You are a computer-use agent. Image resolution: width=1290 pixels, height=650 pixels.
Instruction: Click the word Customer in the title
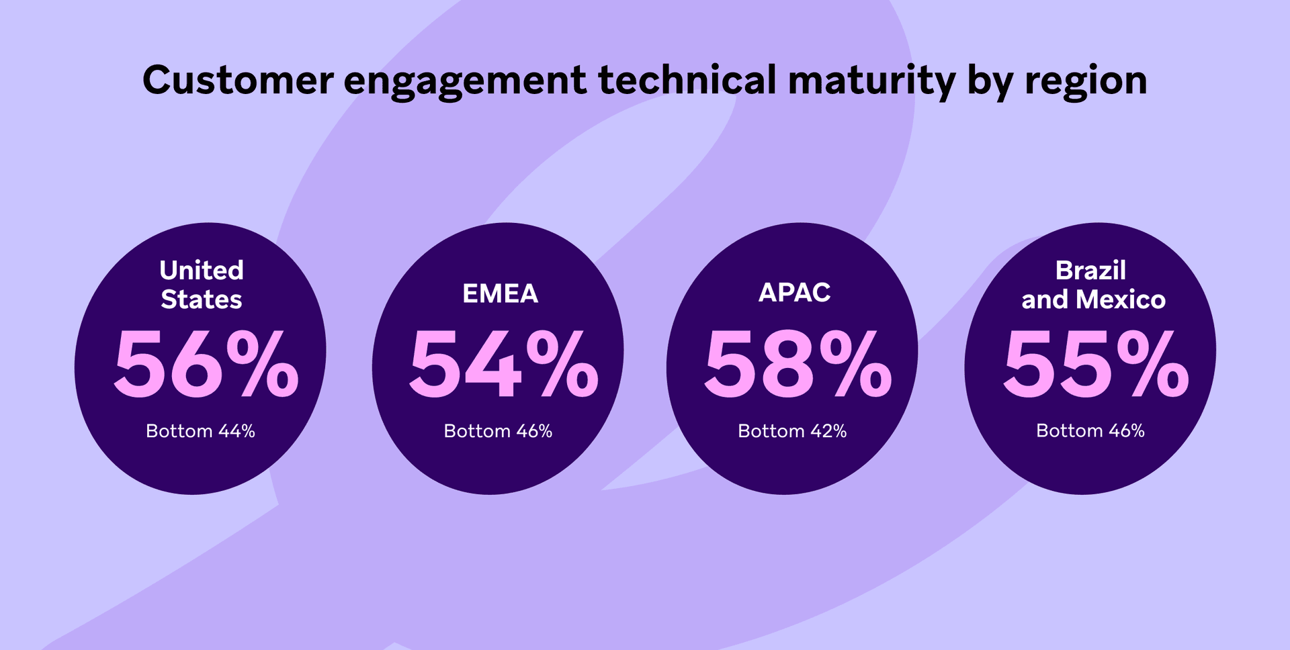click(238, 80)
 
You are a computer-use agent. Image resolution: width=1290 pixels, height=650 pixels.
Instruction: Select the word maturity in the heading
click(871, 81)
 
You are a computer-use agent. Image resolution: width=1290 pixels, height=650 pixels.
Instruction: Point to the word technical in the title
click(687, 80)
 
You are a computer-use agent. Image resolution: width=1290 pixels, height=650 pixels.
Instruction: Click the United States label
click(202, 285)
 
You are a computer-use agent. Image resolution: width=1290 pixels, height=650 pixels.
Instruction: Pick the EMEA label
click(500, 293)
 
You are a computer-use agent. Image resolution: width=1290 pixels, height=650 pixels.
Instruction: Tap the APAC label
click(794, 292)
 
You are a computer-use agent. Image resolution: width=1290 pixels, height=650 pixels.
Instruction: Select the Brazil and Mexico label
click(1093, 285)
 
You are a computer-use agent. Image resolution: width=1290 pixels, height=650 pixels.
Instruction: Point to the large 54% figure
click(503, 364)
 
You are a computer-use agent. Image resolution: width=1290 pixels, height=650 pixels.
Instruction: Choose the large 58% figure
click(798, 364)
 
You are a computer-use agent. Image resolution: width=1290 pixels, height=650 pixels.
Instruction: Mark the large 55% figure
click(1096, 364)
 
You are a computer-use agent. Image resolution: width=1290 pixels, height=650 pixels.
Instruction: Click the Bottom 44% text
click(200, 431)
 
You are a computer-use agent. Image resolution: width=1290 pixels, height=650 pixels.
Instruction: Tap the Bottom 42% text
click(792, 431)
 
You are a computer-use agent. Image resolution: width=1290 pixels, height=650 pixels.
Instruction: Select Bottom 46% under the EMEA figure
click(498, 431)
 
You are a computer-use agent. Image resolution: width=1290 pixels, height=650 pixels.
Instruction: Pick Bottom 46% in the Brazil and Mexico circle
click(1090, 431)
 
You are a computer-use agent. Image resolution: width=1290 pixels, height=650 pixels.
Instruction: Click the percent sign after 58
click(856, 364)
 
